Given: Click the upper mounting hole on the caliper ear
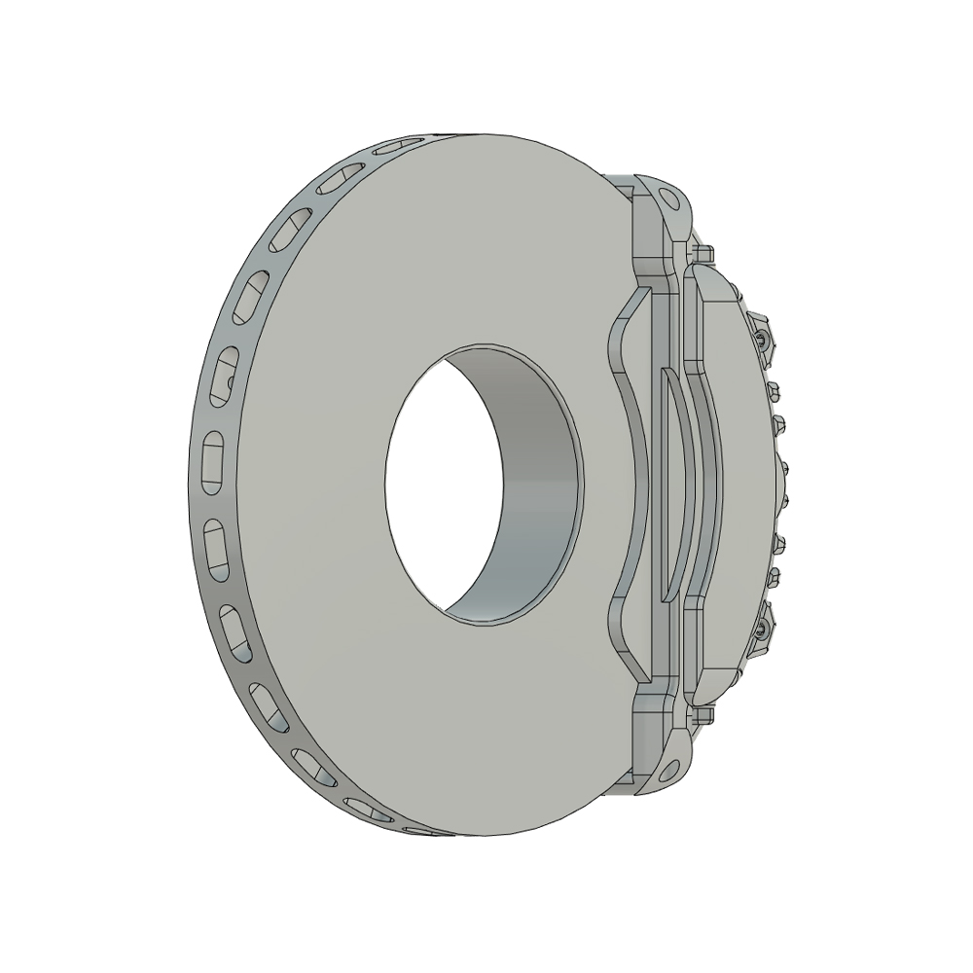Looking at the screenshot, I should coord(669,198).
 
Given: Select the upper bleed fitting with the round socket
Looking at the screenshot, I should coord(762,339).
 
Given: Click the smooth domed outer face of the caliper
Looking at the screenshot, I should coord(739,486).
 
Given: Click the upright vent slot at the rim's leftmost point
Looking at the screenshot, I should coord(213,462).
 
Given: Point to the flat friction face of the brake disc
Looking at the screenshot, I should coord(321,486).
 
